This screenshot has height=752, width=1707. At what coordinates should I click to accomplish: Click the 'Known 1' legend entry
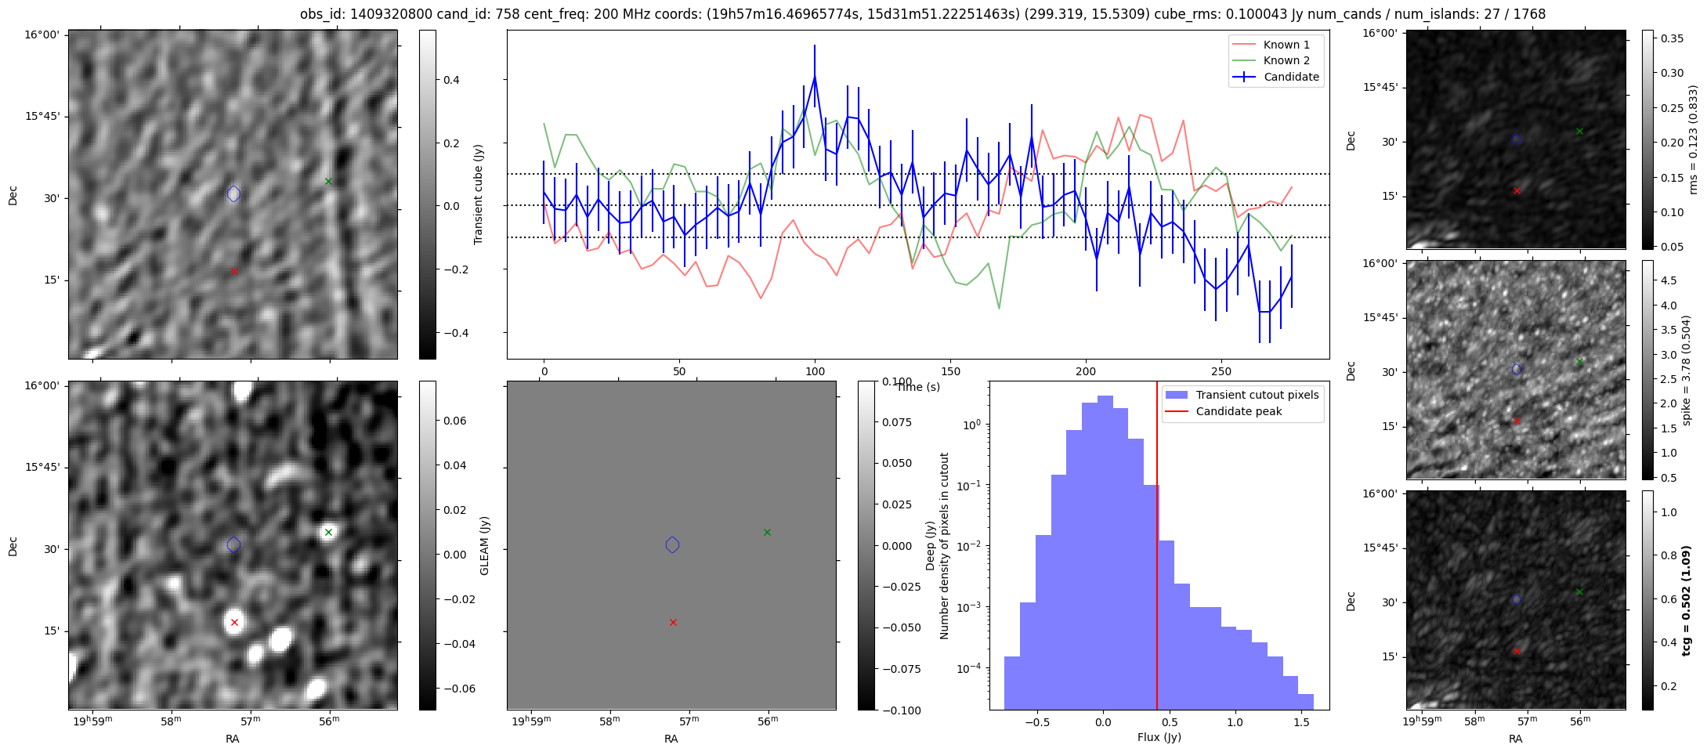[x=1286, y=45]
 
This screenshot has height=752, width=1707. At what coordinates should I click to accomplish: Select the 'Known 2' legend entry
[x=1286, y=60]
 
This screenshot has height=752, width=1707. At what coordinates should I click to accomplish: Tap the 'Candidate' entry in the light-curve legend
[x=1291, y=77]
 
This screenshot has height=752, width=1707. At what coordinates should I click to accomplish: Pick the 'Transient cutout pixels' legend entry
[x=1257, y=395]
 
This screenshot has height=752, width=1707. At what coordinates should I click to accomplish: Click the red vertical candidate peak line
[x=1157, y=548]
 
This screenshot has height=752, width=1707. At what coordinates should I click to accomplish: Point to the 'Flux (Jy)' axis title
[x=1159, y=737]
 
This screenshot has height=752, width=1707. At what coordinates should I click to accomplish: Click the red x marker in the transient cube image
[x=234, y=271]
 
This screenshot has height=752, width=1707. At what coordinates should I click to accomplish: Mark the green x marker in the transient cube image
[x=328, y=182]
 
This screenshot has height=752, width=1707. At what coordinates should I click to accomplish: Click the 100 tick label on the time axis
[x=815, y=371]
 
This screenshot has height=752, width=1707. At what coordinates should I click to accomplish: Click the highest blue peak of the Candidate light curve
[x=815, y=77]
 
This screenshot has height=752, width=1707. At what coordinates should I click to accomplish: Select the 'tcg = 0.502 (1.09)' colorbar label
[x=1687, y=600]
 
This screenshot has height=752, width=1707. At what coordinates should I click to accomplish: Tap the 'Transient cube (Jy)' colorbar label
[x=479, y=194]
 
